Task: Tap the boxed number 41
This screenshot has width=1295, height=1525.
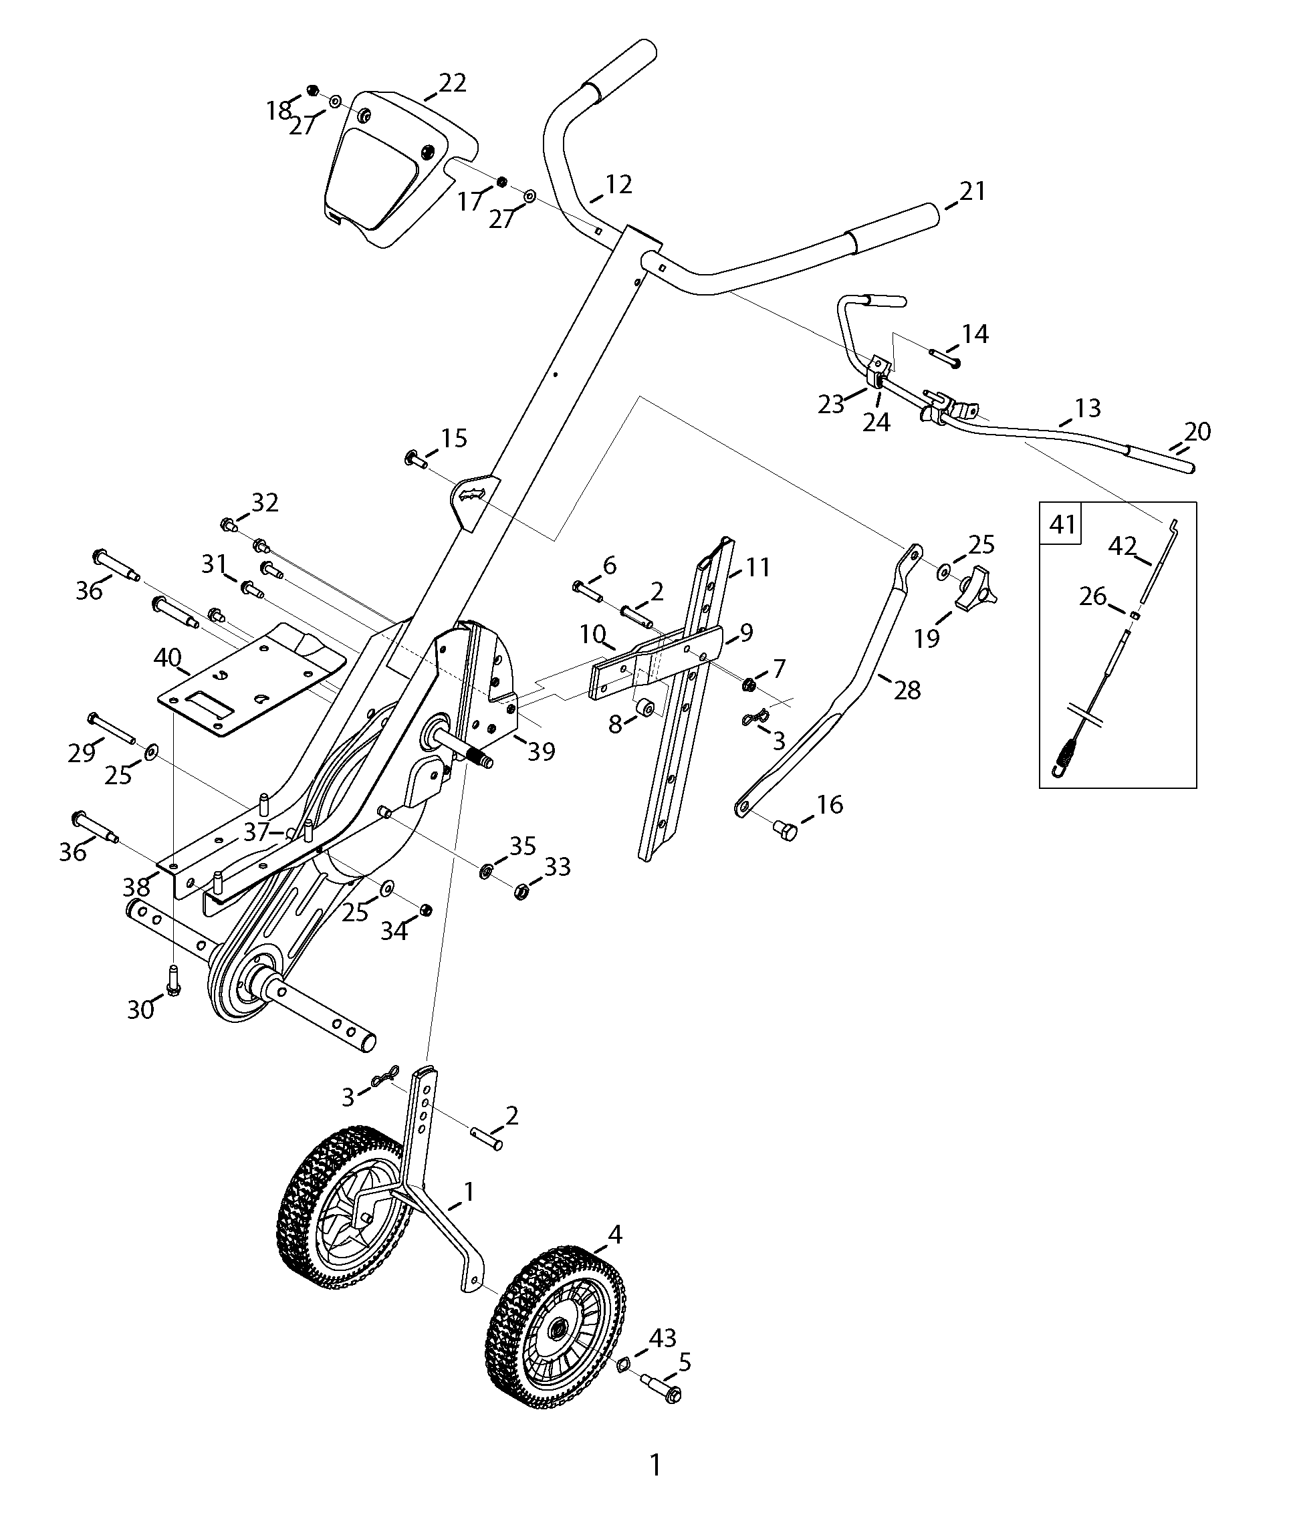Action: [1062, 524]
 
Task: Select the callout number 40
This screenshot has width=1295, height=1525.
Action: [167, 658]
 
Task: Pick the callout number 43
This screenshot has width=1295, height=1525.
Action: [661, 1338]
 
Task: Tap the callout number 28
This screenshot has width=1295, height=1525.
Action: [907, 689]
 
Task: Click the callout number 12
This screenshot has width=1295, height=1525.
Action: [618, 185]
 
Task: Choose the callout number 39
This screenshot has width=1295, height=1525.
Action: [541, 751]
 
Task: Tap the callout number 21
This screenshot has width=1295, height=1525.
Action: [972, 191]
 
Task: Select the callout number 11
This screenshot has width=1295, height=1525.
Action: [757, 567]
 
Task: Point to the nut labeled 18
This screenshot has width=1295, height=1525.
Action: [314, 91]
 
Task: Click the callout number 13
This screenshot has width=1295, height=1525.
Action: [1087, 408]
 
